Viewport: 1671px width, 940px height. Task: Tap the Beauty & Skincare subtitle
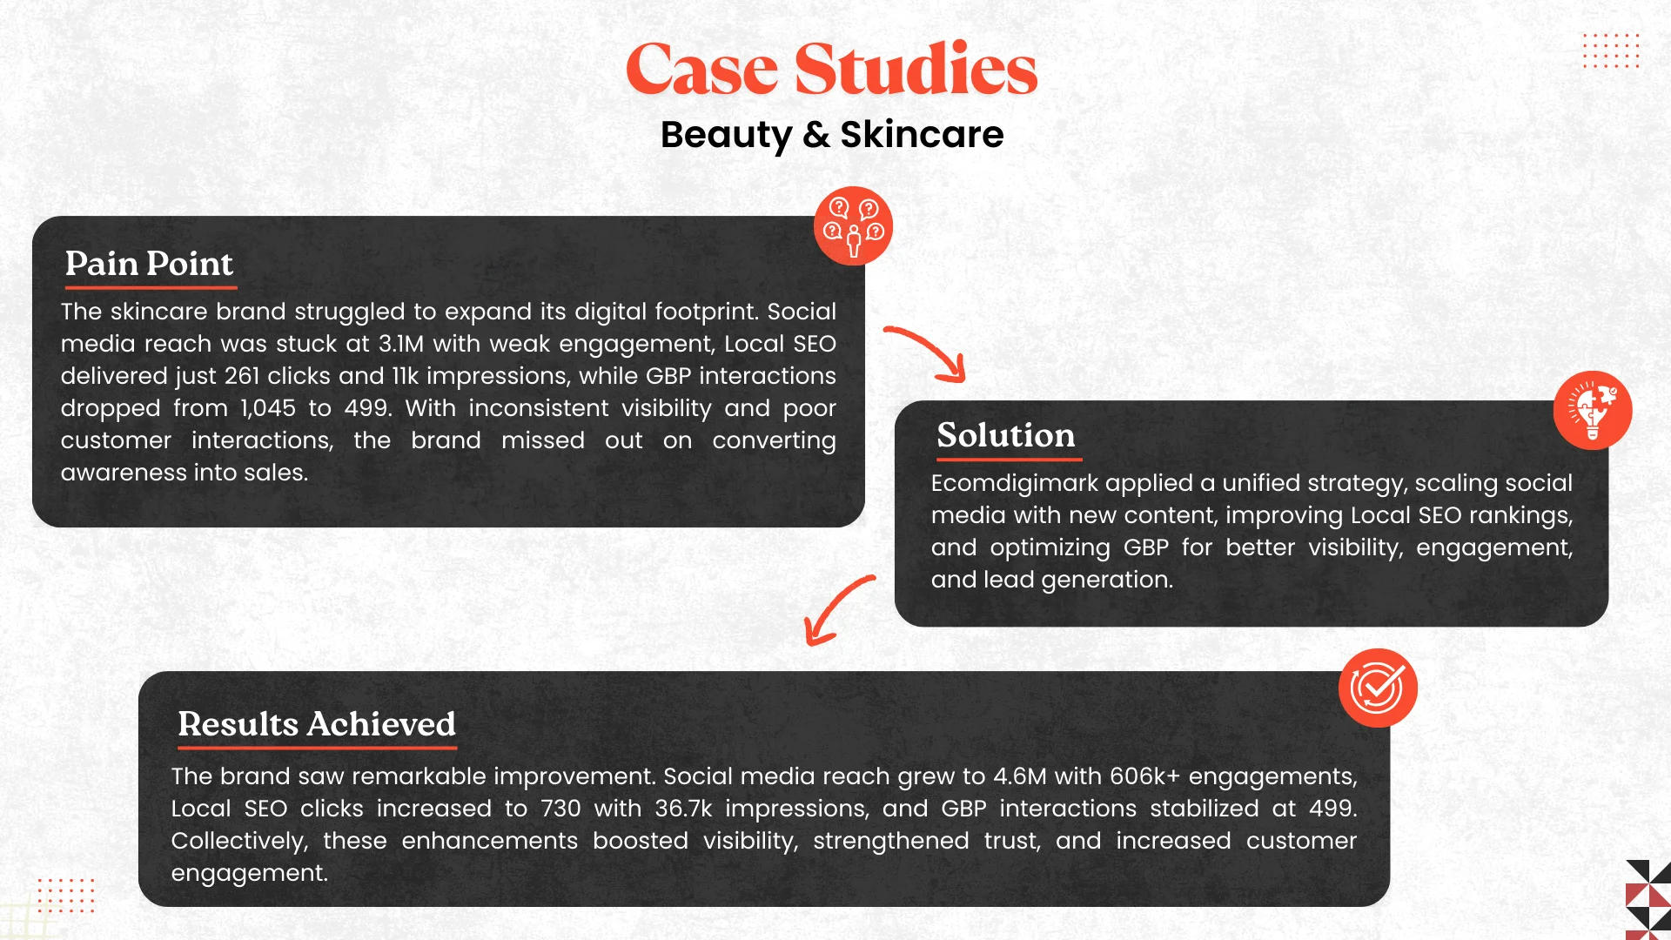click(832, 135)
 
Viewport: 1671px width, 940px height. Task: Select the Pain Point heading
click(149, 264)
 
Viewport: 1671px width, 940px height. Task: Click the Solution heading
click(1006, 435)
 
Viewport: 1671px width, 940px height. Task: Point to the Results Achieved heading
click(317, 724)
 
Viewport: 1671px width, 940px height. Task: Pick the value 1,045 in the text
click(268, 408)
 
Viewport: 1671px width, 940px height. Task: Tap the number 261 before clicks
click(242, 376)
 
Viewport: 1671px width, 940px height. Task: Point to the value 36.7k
click(683, 809)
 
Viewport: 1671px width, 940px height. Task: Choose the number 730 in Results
click(560, 809)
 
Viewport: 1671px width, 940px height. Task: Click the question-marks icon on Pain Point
click(853, 226)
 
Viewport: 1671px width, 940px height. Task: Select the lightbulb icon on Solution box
click(1593, 410)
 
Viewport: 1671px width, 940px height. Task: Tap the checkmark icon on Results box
click(1378, 688)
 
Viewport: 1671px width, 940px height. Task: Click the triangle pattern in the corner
click(1648, 900)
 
